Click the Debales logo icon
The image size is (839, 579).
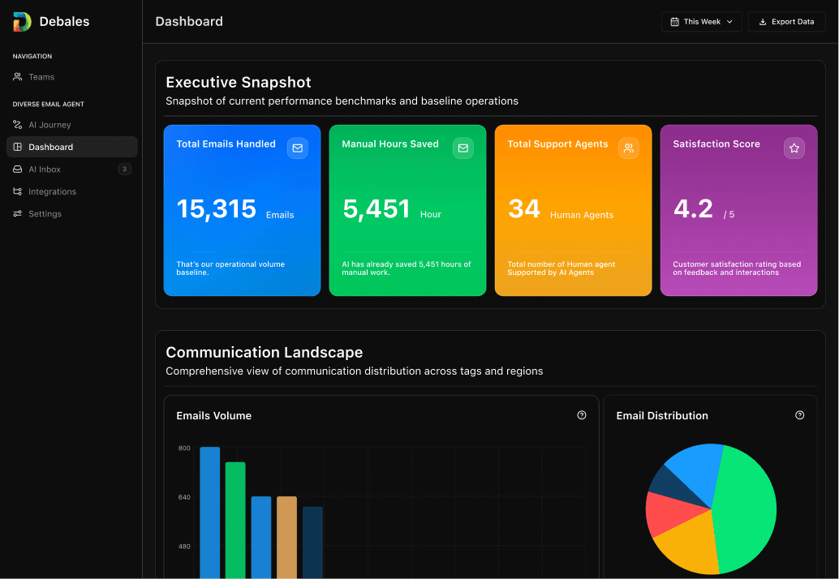click(x=22, y=22)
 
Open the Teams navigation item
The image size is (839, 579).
click(x=41, y=77)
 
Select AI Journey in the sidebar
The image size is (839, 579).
click(x=49, y=125)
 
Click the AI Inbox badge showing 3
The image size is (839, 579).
click(x=124, y=169)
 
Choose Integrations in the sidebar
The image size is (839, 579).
click(x=51, y=192)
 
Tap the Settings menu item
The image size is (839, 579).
click(x=44, y=214)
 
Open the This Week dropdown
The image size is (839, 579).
click(x=701, y=22)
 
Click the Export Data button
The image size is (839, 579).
click(x=786, y=22)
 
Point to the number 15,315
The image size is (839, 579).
click(x=216, y=209)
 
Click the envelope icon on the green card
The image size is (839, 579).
click(x=463, y=148)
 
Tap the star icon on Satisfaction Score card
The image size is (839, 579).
click(x=794, y=148)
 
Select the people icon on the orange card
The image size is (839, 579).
click(x=628, y=148)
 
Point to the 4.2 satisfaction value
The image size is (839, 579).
click(x=693, y=209)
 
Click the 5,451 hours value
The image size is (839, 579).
click(x=376, y=209)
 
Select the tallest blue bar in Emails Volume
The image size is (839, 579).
click(x=210, y=511)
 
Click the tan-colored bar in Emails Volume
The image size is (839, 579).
click(x=286, y=535)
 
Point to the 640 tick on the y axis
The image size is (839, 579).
click(x=184, y=497)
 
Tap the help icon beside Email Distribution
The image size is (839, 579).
click(x=799, y=415)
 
